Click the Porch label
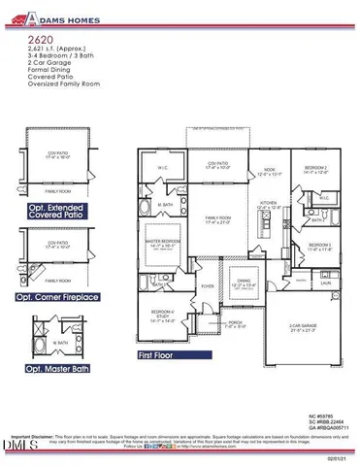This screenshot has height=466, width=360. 233,323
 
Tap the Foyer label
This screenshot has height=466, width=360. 207,286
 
